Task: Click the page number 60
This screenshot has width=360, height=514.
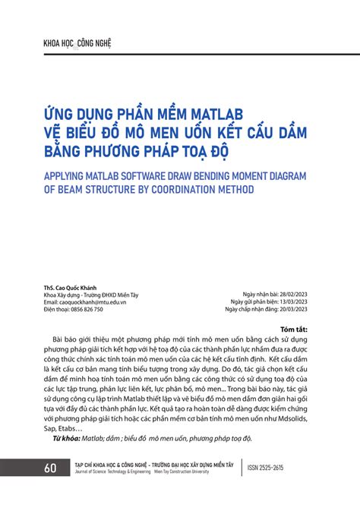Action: pos(51,468)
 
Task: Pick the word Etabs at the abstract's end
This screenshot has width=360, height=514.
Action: pos(71,428)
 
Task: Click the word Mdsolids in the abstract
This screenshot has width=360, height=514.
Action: pos(292,418)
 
